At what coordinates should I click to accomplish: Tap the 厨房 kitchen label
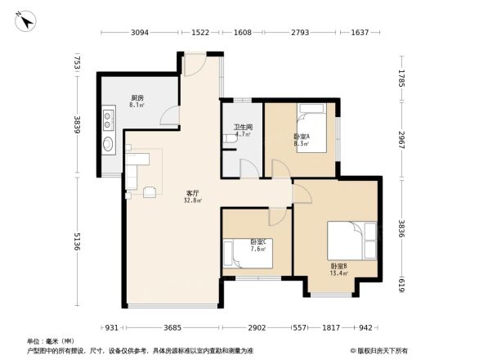click(137, 97)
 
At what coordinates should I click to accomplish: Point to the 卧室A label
click(301, 136)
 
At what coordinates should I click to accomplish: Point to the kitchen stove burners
click(109, 120)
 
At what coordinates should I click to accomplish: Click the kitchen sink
click(108, 146)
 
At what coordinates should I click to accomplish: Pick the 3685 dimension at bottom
click(171, 327)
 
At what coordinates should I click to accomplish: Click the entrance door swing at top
click(196, 65)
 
